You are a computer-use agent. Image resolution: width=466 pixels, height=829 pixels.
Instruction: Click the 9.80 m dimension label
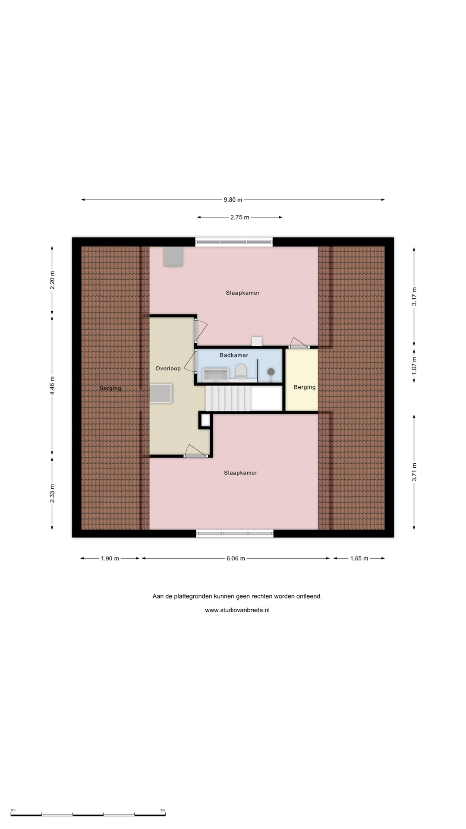[233, 200]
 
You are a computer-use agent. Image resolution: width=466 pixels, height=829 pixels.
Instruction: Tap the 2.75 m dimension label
[240, 218]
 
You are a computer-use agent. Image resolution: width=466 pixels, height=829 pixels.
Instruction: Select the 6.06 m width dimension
[236, 558]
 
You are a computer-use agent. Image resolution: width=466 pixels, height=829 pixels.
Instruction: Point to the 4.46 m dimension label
[52, 386]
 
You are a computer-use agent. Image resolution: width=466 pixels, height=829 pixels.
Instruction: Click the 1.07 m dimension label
[414, 365]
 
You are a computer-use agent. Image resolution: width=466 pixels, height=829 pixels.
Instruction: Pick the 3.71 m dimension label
[414, 472]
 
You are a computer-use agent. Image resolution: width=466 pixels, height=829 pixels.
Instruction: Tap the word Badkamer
[234, 355]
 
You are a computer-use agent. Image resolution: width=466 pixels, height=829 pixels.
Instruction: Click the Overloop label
[168, 368]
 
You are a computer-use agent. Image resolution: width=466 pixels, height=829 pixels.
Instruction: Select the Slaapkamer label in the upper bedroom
[242, 293]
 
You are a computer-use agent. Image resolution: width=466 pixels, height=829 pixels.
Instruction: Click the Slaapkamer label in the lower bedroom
[240, 473]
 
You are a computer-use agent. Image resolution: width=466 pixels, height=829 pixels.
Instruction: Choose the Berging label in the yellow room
[305, 387]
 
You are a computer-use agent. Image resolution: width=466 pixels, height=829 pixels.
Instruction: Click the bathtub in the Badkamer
[216, 374]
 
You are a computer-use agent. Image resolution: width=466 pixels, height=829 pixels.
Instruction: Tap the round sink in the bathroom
[271, 372]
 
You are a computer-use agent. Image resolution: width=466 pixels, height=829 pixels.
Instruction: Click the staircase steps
[228, 398]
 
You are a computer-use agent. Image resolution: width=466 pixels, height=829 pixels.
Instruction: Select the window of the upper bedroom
[234, 242]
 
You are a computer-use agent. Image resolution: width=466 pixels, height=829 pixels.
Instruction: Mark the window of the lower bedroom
[235, 534]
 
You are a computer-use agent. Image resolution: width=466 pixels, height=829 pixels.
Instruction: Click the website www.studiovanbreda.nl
[237, 610]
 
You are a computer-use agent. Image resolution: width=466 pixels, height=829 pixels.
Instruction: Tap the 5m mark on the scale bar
[163, 810]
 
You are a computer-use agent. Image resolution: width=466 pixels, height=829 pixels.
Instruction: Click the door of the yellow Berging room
[299, 343]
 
